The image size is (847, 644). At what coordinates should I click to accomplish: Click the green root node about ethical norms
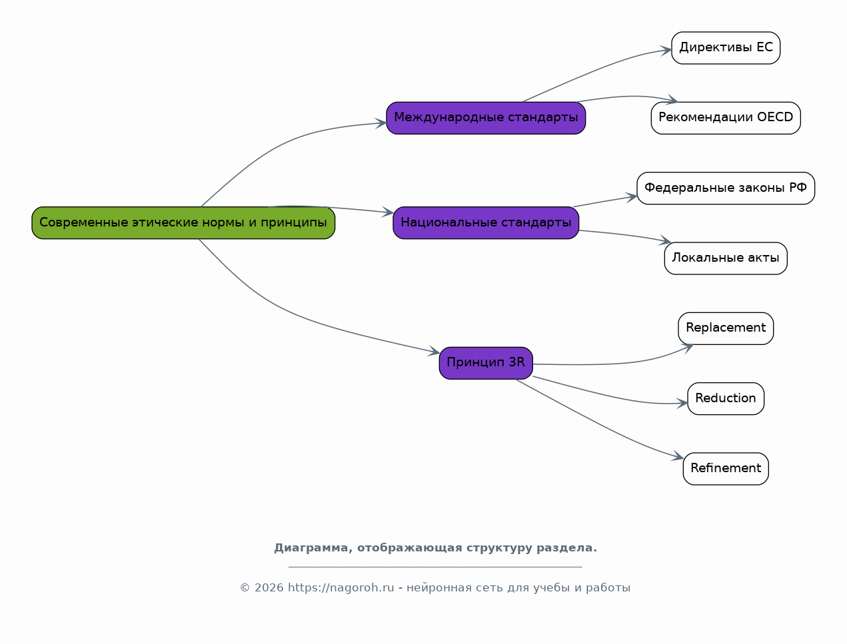(x=183, y=223)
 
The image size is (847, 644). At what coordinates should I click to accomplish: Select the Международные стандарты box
(x=486, y=118)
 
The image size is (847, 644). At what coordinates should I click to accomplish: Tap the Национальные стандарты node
(x=486, y=223)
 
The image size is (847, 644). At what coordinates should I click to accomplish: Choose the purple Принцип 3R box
(x=486, y=363)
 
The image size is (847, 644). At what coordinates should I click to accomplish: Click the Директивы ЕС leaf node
(x=726, y=48)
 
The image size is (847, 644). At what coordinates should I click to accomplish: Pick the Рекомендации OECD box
(x=726, y=118)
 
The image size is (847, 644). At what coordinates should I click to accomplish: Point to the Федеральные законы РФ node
(x=726, y=188)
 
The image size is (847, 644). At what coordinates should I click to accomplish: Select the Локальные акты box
(x=726, y=258)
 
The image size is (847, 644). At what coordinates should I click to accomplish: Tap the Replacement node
(x=726, y=328)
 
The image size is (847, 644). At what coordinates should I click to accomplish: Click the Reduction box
(x=726, y=399)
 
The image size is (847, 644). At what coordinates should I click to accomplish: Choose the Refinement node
(x=726, y=469)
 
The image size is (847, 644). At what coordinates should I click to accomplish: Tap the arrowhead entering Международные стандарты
(x=381, y=123)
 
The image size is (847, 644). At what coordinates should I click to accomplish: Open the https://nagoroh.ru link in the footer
(x=341, y=588)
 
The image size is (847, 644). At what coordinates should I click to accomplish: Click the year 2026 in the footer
(x=269, y=588)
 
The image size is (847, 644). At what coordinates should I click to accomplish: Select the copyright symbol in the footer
(x=245, y=588)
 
